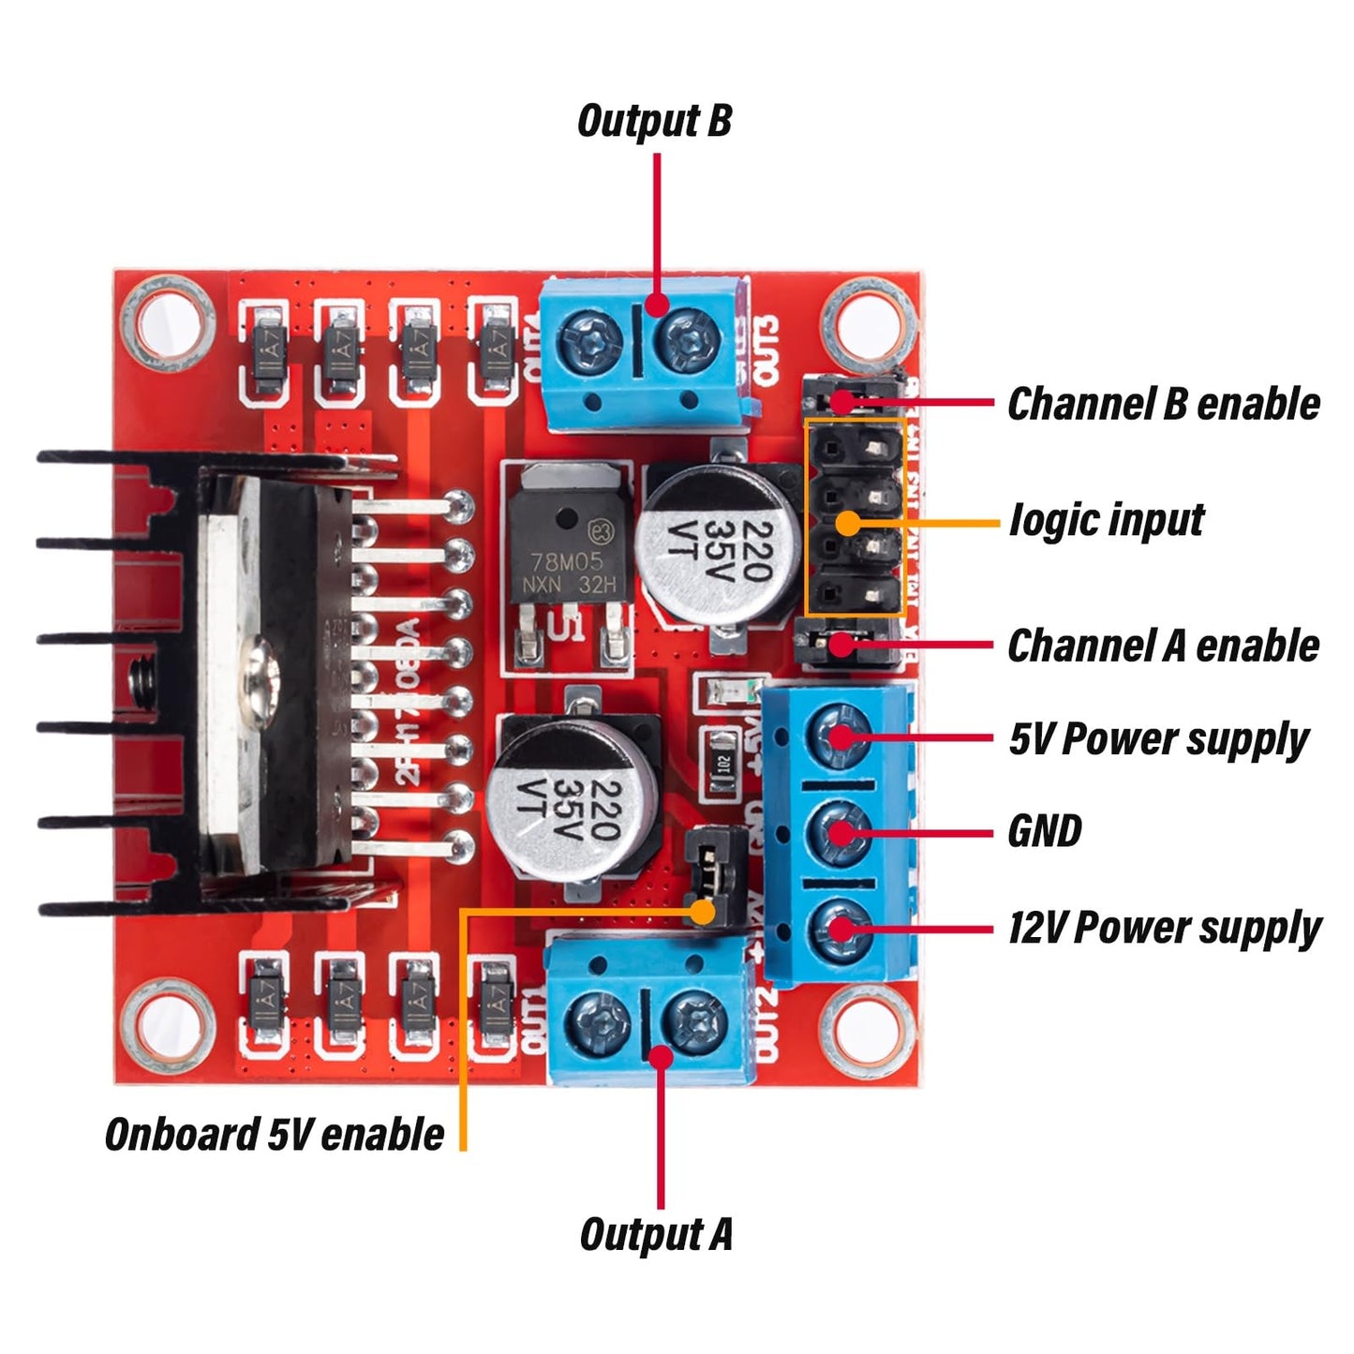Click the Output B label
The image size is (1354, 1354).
coord(654,122)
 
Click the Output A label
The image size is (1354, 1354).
coord(656,1234)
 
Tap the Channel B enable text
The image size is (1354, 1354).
coord(1163,404)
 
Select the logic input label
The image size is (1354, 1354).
coord(1107,521)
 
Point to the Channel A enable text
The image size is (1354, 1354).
coord(1163,647)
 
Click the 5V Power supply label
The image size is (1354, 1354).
coord(1158,740)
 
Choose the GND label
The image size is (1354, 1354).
coord(1044,831)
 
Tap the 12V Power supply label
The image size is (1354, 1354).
coord(1164,929)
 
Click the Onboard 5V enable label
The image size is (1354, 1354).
coord(275,1135)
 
